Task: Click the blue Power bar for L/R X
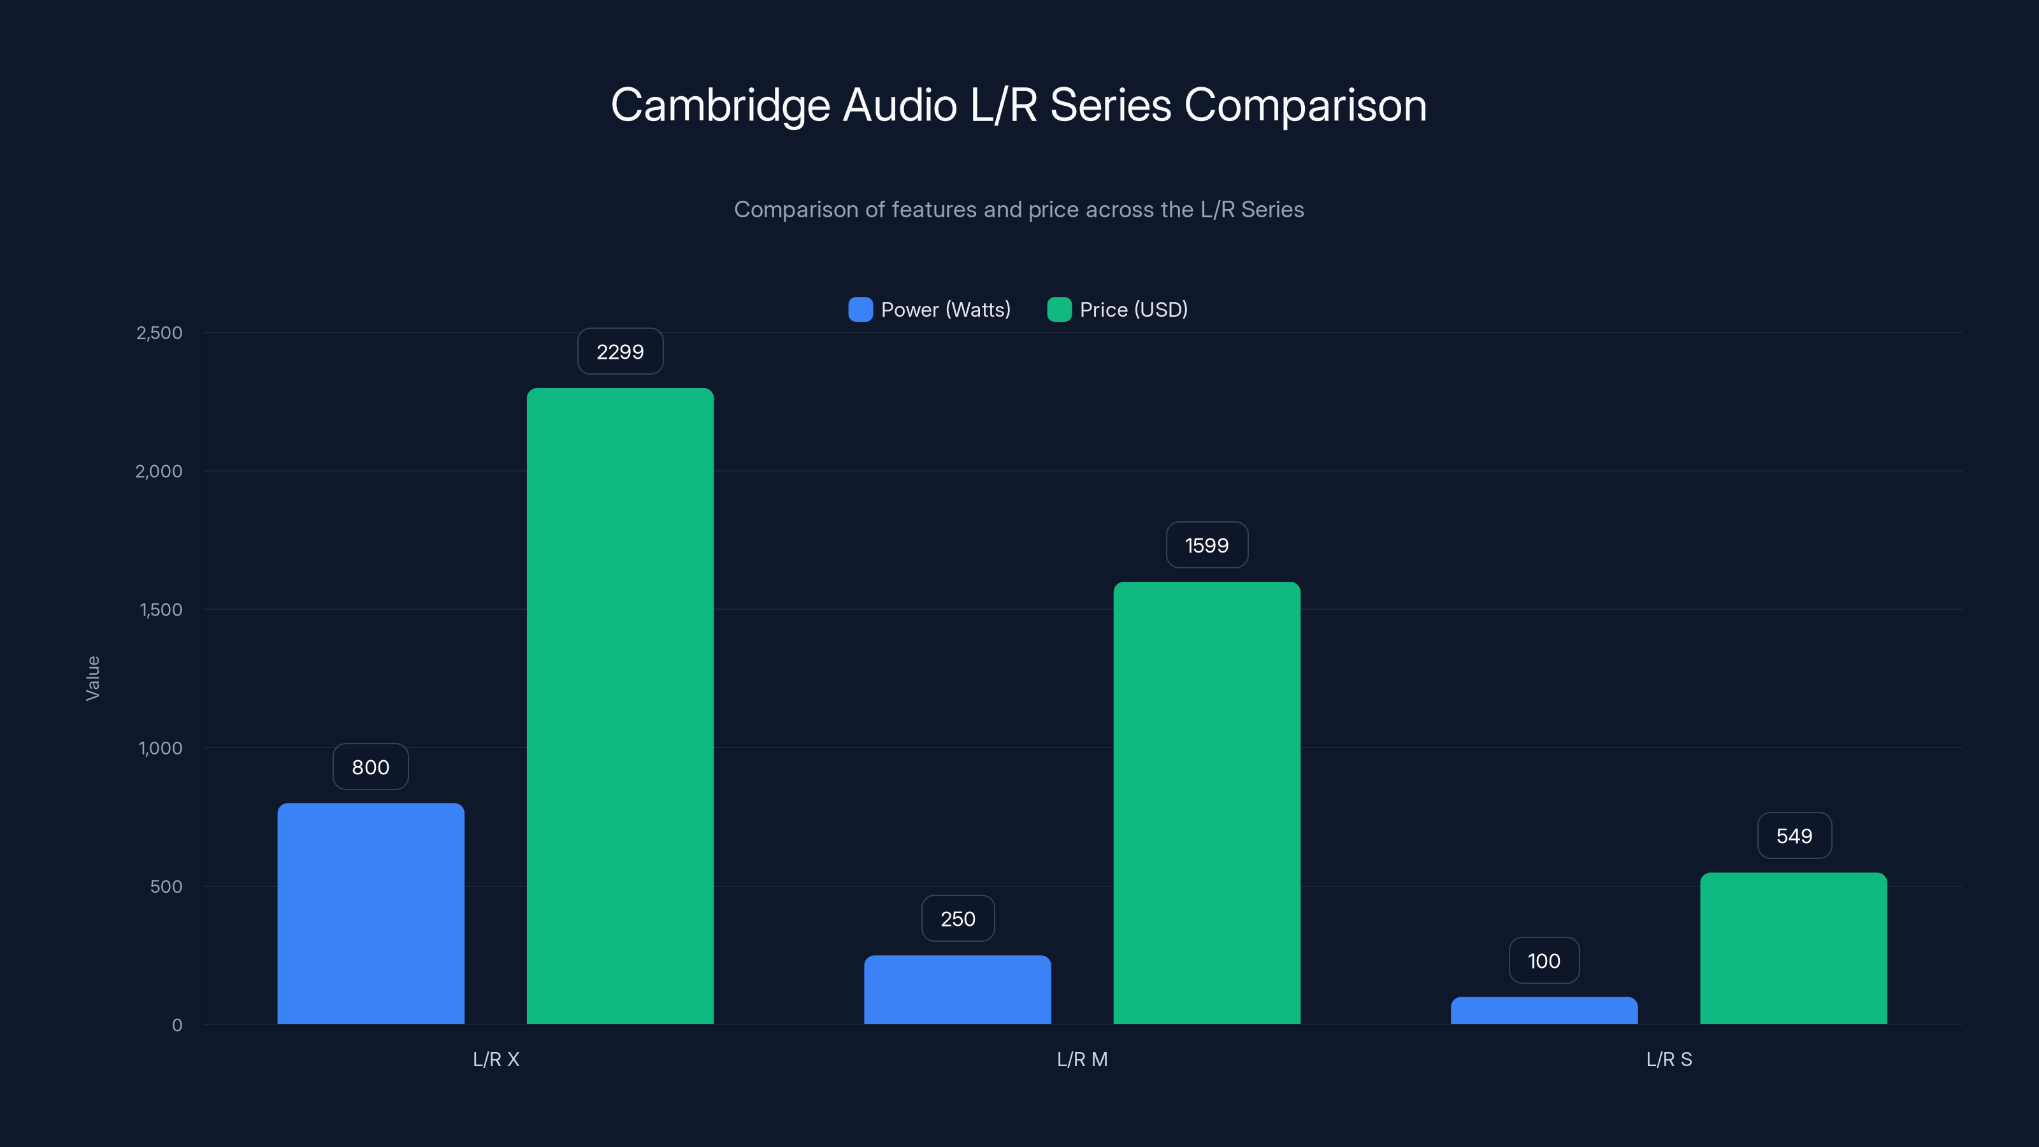370,914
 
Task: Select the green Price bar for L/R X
620,706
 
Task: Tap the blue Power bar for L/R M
957,990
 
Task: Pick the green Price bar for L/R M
1206,803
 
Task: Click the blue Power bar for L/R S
1543,1011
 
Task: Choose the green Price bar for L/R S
1793,948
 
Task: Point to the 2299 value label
620,352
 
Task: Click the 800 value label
370,767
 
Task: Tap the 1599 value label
1206,545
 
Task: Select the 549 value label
1794,836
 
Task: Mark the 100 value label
1543,961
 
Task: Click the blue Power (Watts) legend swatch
860,310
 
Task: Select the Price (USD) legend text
1134,310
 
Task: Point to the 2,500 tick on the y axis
159,333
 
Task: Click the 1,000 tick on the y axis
160,748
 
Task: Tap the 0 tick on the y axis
177,1025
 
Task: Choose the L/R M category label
1082,1059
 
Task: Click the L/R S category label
1669,1059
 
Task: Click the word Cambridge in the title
720,105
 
